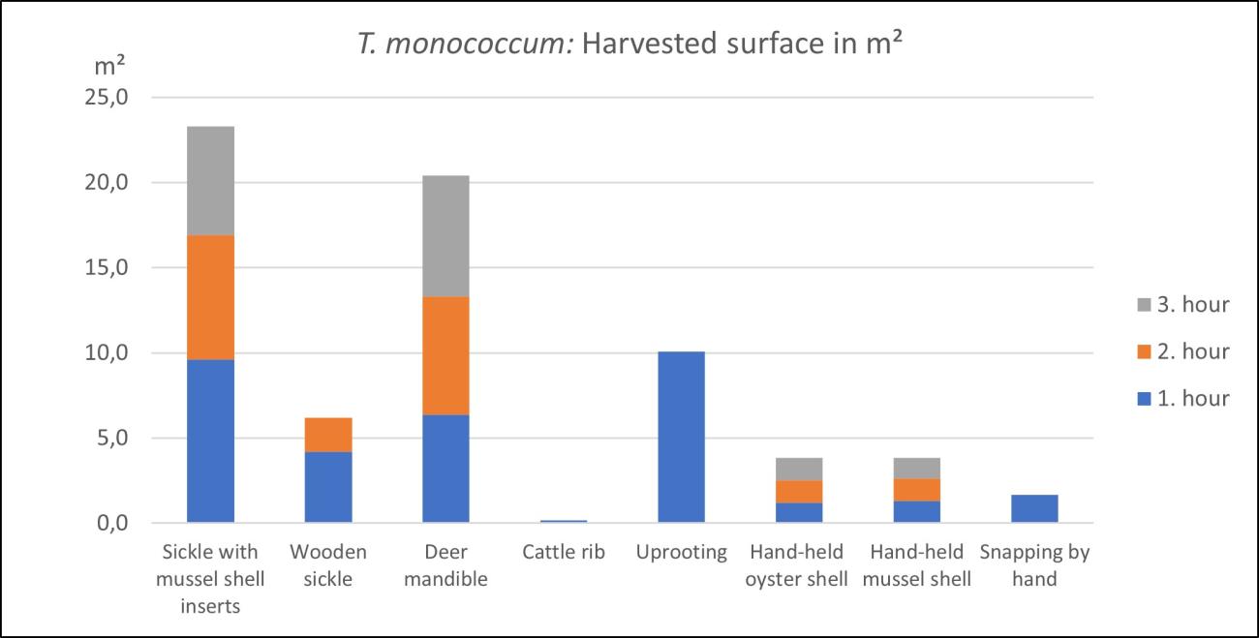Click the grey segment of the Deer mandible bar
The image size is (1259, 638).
[x=445, y=235]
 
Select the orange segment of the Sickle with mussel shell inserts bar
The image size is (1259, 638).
[x=210, y=297]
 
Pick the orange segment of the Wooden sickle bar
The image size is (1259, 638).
[x=328, y=435]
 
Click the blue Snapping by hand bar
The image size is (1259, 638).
[x=1033, y=508]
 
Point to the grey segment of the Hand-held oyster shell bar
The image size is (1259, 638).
[x=798, y=469]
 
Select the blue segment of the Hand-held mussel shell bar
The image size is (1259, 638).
[x=916, y=511]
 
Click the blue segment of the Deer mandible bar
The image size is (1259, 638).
[x=445, y=469]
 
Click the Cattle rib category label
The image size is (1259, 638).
[x=564, y=553]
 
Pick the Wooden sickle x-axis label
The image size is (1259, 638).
[x=328, y=565]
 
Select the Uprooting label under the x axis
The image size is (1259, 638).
[x=681, y=553]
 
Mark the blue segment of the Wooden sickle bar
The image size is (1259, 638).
[x=328, y=487]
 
